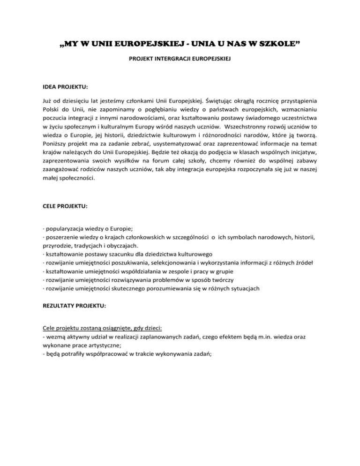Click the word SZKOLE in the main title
point(278,45)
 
